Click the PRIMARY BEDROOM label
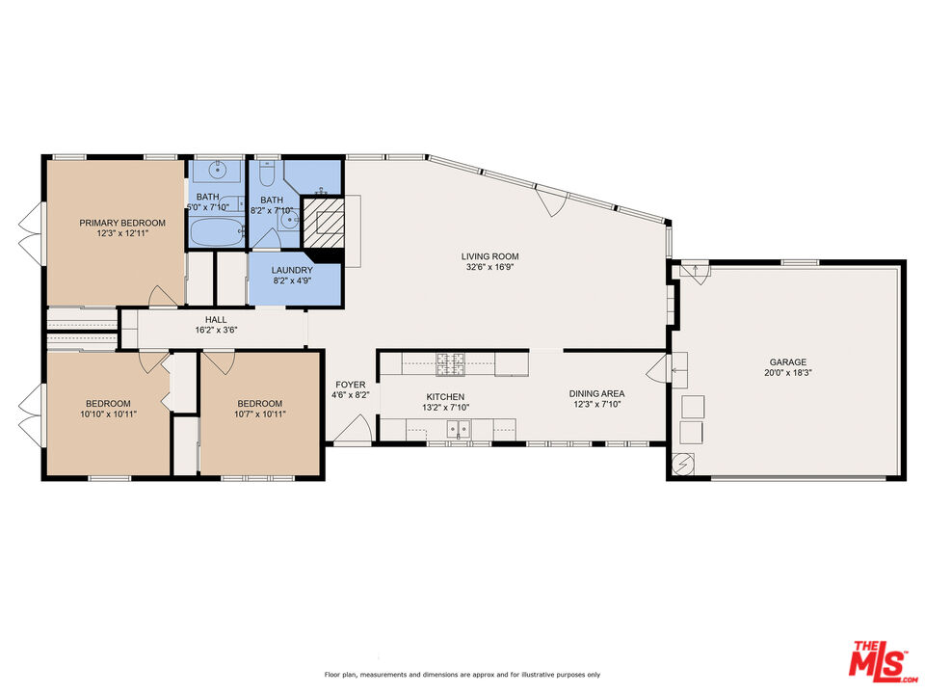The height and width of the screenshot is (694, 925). click(116, 222)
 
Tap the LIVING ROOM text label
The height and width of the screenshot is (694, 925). click(489, 256)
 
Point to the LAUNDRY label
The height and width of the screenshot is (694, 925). click(291, 271)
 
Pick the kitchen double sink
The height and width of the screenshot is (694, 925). click(458, 429)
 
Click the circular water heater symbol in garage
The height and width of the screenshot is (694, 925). click(683, 464)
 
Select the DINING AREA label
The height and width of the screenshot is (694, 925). click(596, 393)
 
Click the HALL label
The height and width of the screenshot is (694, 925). click(216, 320)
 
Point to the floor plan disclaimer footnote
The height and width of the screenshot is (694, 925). click(462, 675)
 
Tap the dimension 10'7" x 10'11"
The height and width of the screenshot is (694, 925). click(260, 414)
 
